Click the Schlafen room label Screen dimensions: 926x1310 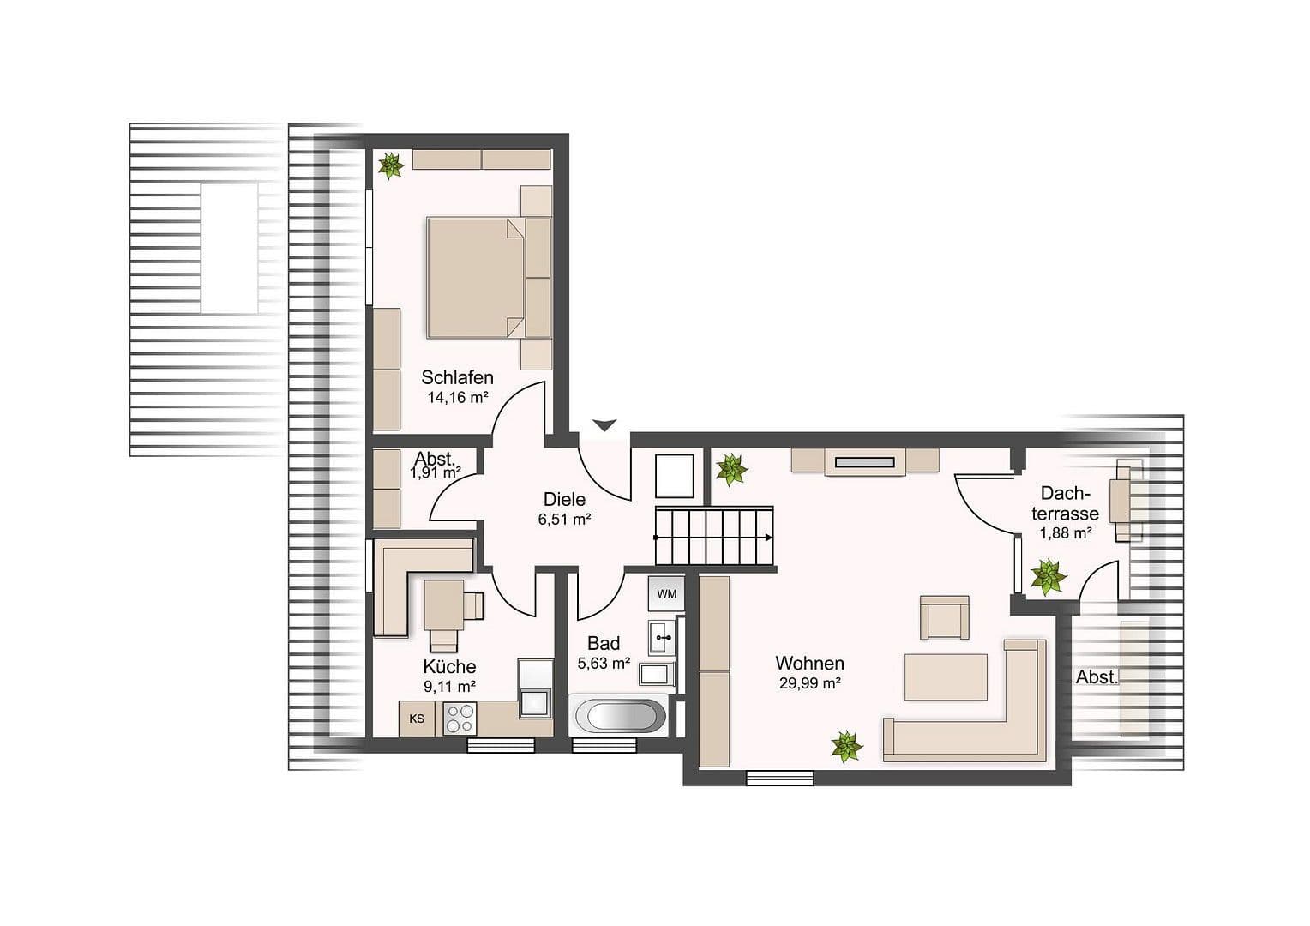[x=457, y=377]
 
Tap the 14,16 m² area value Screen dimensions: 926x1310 [x=457, y=397]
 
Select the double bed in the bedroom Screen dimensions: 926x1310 [x=475, y=276]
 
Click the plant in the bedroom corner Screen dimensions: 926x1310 [x=391, y=165]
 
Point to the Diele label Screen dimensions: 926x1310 [x=564, y=499]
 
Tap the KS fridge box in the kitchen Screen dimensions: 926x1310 [x=417, y=719]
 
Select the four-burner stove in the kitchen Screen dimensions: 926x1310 [x=460, y=719]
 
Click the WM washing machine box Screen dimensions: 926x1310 [x=666, y=593]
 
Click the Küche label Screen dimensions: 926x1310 [x=449, y=666]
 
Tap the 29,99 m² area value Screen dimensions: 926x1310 [x=809, y=682]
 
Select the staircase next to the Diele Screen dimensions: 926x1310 [x=714, y=537]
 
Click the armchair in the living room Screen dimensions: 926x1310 [x=944, y=617]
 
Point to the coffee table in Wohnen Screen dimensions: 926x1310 [x=946, y=677]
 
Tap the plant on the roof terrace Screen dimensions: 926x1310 [x=1048, y=577]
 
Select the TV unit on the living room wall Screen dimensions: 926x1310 [x=865, y=461]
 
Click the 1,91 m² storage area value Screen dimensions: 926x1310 [x=436, y=472]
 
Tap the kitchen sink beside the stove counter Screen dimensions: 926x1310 [x=536, y=701]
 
